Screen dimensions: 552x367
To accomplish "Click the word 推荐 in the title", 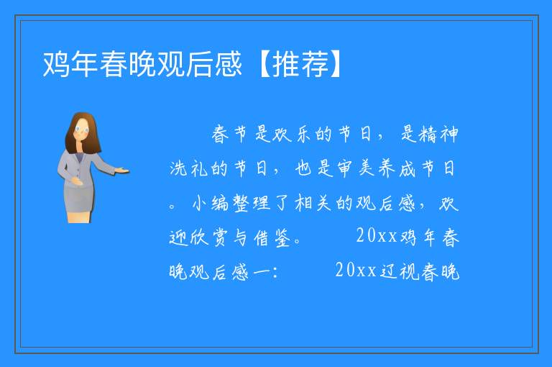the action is pyautogui.click(x=300, y=64).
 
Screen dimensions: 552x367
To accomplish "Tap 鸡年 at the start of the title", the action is pyautogui.click(x=70, y=64).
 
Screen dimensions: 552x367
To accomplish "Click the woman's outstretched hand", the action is pyautogui.click(x=121, y=171).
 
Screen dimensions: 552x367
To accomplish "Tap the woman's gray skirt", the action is pyautogui.click(x=79, y=199).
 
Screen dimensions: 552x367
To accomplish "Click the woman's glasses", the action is pyautogui.click(x=82, y=130).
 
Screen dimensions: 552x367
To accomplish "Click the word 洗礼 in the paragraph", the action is pyautogui.click(x=189, y=168).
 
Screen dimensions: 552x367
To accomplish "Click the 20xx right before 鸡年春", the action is pyautogui.click(x=377, y=236).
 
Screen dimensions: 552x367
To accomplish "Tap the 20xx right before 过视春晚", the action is pyautogui.click(x=356, y=271).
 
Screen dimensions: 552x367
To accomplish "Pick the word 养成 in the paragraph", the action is pyautogui.click(x=397, y=168).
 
